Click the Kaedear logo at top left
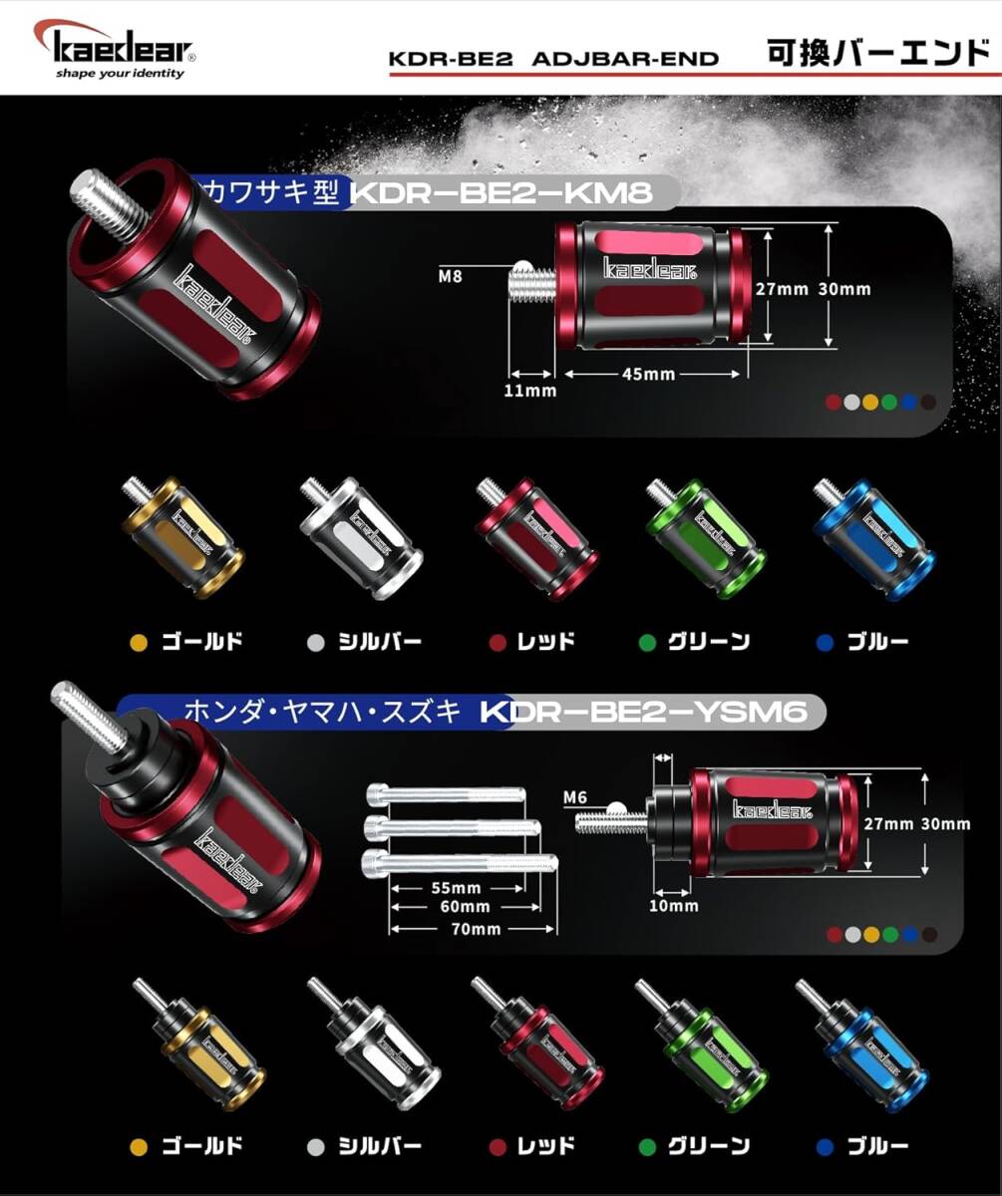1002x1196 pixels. (x=116, y=45)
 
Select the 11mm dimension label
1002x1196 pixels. (x=530, y=390)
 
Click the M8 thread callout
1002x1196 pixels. (x=451, y=274)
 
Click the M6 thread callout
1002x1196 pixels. (x=575, y=796)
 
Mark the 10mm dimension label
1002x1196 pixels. (x=674, y=906)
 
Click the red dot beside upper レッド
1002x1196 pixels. (x=498, y=643)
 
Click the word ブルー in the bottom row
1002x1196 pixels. (x=877, y=1146)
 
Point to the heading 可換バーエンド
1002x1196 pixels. (x=877, y=52)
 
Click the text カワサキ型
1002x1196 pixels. (x=269, y=190)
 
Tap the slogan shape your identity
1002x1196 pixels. (x=120, y=73)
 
